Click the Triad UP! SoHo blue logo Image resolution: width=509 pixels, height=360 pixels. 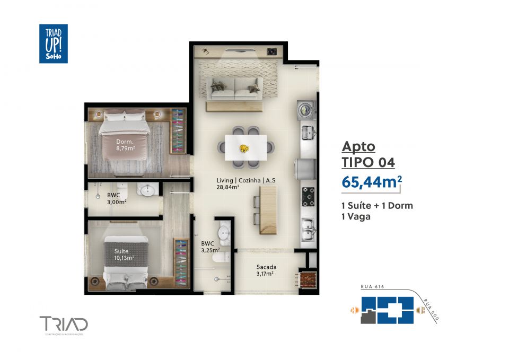click(53, 43)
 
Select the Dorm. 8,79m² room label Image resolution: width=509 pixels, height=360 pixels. click(125, 145)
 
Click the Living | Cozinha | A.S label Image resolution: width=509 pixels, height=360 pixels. click(245, 183)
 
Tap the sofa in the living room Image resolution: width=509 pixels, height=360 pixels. click(234, 87)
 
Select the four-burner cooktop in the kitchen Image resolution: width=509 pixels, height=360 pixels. click(308, 197)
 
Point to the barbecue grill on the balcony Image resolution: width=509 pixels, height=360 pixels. click(307, 279)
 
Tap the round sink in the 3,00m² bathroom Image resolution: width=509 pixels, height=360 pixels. click(146, 189)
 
